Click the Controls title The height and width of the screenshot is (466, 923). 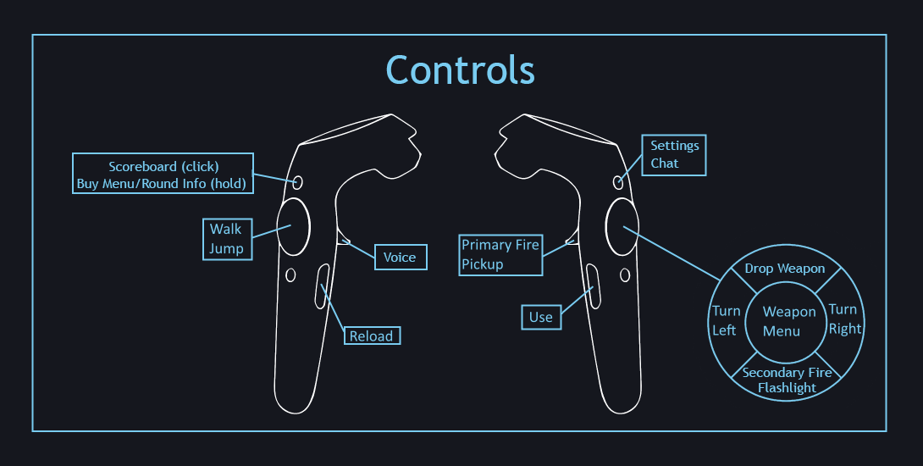pos(461,69)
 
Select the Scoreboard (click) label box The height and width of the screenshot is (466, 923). pos(163,175)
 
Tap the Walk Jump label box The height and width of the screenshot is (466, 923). pos(227,238)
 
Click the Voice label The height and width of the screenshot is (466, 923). pos(400,257)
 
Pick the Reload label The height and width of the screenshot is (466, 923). pos(372,336)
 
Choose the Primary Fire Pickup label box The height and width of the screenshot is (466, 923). pos(500,254)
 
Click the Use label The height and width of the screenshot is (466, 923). pos(540,317)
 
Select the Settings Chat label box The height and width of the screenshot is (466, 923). pos(674,155)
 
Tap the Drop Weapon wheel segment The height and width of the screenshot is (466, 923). pos(784,269)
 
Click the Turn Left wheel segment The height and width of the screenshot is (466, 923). pos(725,320)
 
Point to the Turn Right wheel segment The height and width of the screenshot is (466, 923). pos(844,319)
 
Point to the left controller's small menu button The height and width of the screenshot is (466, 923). pos(298,181)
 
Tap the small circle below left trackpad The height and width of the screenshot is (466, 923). pos(291,275)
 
